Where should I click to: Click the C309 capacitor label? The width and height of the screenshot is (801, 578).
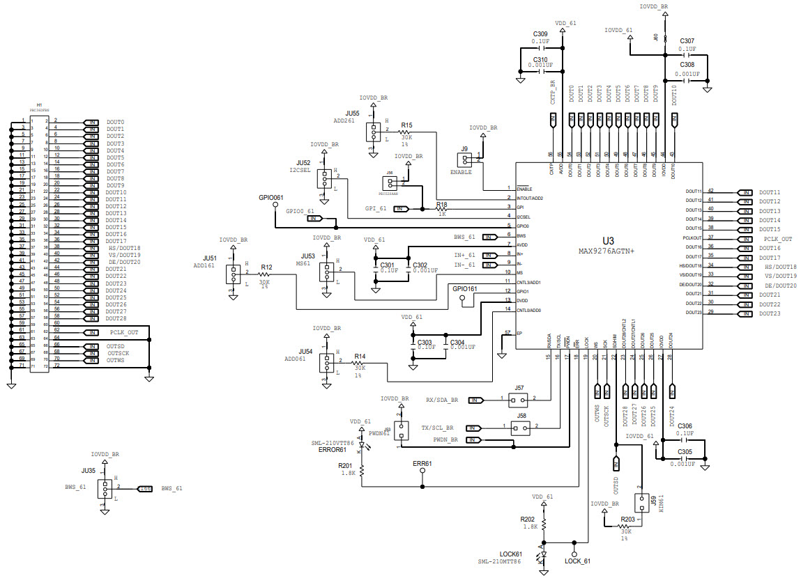(x=540, y=34)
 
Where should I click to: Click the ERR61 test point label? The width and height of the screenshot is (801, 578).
(x=422, y=463)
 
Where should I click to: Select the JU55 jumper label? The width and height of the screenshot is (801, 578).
(x=352, y=113)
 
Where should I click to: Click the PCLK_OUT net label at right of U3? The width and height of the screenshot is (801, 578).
(x=777, y=239)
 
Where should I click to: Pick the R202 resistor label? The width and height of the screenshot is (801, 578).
(x=528, y=519)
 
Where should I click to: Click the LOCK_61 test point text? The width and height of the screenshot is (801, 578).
(x=577, y=561)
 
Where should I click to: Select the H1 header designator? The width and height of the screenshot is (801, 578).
(x=39, y=104)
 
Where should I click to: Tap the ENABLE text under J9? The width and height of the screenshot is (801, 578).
(x=461, y=171)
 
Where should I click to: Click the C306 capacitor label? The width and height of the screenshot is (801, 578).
(x=685, y=425)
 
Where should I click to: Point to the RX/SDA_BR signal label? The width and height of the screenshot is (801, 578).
(x=442, y=400)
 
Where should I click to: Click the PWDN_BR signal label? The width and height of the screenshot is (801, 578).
(x=446, y=440)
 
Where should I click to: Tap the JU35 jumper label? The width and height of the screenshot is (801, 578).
(x=88, y=471)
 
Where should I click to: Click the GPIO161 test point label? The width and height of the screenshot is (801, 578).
(x=465, y=288)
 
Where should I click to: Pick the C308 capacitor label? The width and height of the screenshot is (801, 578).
(x=687, y=64)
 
